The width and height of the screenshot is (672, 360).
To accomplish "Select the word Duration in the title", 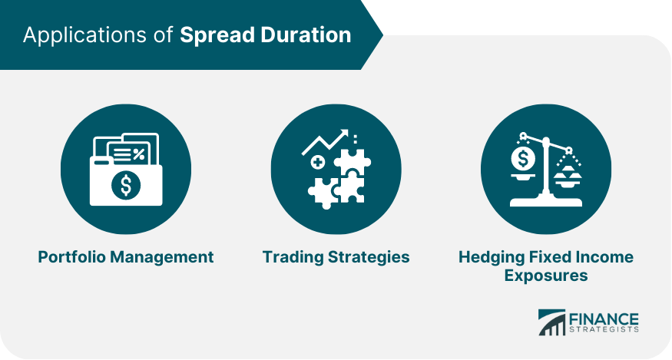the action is click(x=306, y=35).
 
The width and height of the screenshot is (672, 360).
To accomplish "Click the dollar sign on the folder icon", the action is click(x=126, y=185).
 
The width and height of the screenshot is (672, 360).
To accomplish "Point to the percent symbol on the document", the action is click(x=139, y=154).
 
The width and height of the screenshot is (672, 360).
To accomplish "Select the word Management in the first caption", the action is click(x=162, y=258).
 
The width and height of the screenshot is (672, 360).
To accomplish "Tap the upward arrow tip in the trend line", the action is click(x=344, y=133).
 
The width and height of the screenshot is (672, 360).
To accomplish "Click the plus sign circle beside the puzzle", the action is click(x=318, y=163).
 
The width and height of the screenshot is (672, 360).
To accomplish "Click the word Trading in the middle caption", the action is click(x=293, y=258).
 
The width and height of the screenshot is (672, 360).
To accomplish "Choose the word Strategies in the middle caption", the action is click(x=369, y=258).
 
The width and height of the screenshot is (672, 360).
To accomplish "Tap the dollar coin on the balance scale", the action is click(x=523, y=159).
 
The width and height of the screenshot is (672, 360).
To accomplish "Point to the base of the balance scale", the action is click(x=546, y=200).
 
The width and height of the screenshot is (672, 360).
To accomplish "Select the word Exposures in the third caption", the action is click(x=546, y=276).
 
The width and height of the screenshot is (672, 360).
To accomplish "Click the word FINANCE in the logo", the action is click(x=604, y=319).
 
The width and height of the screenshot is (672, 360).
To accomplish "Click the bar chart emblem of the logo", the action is click(x=551, y=322).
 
